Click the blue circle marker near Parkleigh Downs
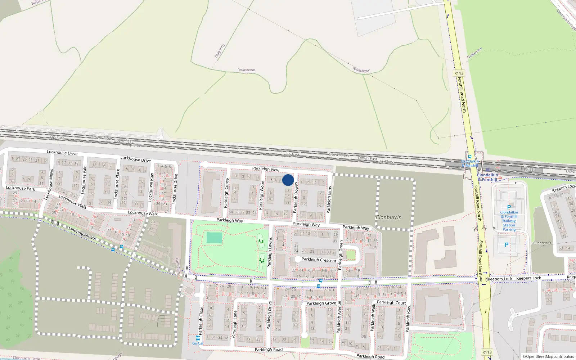coord(288,180)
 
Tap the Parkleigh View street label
coord(266,169)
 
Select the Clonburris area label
coord(388,217)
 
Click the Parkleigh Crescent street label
coord(319,260)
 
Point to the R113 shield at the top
coord(459,73)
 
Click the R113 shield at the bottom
coord(487,352)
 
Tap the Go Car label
coord(198,343)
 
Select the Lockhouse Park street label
coord(21,188)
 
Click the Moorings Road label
coord(82,233)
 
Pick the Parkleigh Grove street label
coord(321,303)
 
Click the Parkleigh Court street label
coord(391,302)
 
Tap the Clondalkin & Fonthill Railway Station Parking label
coord(509,221)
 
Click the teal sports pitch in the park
coord(214,238)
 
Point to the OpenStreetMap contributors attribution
coord(548,356)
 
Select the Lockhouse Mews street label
coord(48,184)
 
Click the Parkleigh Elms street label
coord(329,199)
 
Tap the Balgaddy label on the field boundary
coord(220,51)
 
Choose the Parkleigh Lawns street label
coord(270,252)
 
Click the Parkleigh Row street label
coord(408,319)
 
